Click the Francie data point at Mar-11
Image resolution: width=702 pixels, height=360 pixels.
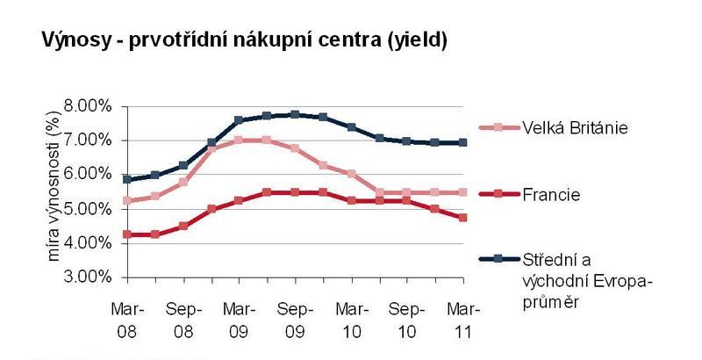[x=462, y=217]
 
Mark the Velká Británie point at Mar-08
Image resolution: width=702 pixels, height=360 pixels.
[x=127, y=200]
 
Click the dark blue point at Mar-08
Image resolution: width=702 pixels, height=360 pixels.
[x=127, y=179]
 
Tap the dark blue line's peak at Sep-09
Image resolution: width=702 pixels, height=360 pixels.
[x=295, y=114]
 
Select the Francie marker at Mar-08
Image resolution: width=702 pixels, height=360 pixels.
[x=127, y=234]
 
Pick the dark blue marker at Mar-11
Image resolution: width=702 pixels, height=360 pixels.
[x=462, y=142]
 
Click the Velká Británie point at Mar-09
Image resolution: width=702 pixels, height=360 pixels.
[x=239, y=140]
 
